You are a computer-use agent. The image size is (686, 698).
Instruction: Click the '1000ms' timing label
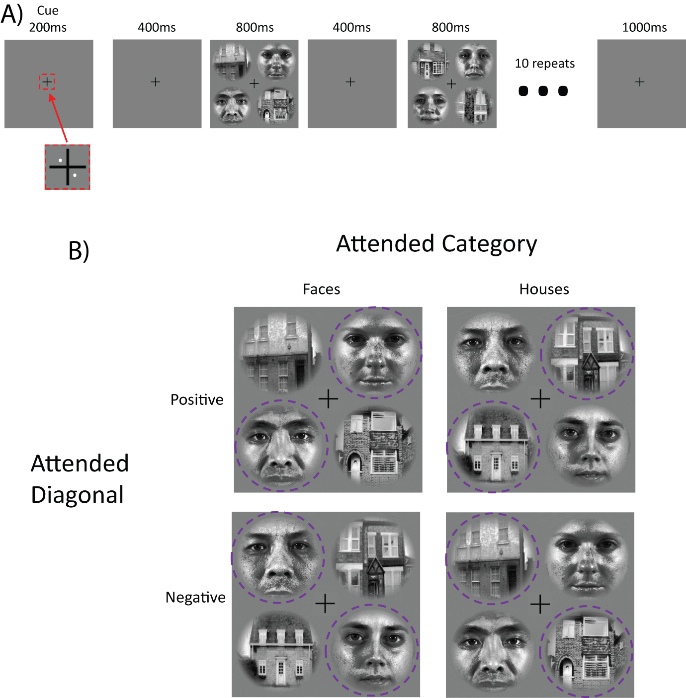tap(644, 27)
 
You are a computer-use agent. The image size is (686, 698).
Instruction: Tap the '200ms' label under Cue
tap(48, 27)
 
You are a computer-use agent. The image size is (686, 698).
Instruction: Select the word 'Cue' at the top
tap(48, 10)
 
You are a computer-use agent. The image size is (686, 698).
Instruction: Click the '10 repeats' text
tap(545, 64)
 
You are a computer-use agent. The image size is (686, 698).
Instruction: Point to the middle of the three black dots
tap(543, 91)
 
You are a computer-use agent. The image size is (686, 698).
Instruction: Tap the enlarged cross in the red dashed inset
tap(68, 167)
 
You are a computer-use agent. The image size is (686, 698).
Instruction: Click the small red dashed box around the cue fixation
tap(47, 82)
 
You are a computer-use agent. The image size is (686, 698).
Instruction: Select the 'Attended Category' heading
tap(436, 244)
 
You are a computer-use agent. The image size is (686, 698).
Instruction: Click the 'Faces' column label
tap(322, 289)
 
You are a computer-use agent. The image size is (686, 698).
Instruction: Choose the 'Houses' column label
tap(544, 289)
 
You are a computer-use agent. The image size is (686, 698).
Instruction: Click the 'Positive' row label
tap(197, 400)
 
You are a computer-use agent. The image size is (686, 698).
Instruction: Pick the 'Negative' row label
tap(195, 597)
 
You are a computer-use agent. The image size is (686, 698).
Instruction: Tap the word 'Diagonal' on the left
tap(78, 495)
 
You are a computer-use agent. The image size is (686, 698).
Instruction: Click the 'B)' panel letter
tap(79, 250)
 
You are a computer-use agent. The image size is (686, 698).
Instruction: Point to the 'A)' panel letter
tap(12, 14)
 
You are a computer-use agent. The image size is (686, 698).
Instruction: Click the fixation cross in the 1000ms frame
tap(640, 82)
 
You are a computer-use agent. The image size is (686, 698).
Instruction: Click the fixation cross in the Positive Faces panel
tap(328, 399)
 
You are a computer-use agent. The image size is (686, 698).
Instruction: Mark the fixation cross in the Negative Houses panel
tap(540, 604)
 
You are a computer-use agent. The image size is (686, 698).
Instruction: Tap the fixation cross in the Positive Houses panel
tap(540, 399)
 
